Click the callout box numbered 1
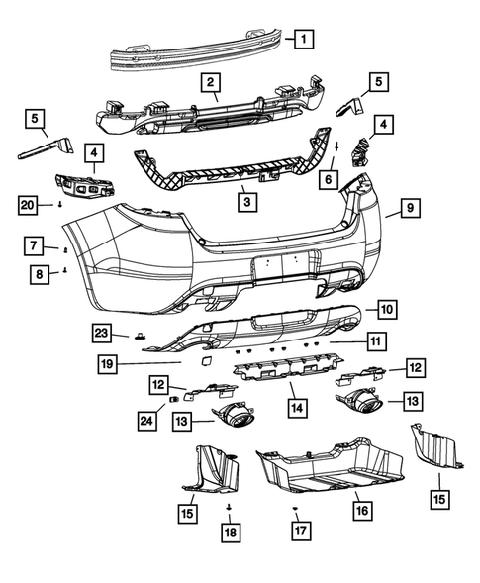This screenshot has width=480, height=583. coord(304,40)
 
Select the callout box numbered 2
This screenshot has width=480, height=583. coord(213,82)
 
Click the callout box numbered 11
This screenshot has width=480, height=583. coord(376,341)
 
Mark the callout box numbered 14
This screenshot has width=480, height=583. coord(294,407)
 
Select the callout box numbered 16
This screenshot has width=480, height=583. coord(362,510)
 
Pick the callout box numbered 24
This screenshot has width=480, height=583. coord(146,421)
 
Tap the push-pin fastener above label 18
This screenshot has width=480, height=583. coord(229,506)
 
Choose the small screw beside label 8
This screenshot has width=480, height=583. coord(65,270)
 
